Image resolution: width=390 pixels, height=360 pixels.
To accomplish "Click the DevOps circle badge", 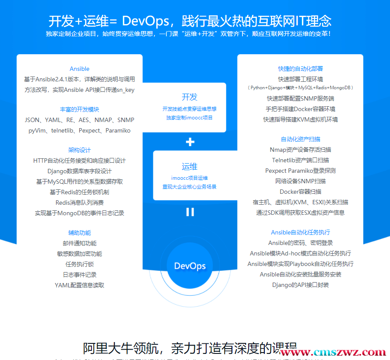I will coord(190,266).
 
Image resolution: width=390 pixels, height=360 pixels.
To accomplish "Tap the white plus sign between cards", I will coord(190,142).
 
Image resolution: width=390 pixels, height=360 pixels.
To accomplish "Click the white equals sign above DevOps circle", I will coord(190,212).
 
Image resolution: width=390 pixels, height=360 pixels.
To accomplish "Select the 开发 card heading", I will coord(190,97).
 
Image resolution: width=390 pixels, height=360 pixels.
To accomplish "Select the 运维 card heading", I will coord(190,167).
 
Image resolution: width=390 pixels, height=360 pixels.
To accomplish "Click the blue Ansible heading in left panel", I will coord(80,69).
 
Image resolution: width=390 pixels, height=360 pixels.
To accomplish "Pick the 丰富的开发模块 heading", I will coord(80,109).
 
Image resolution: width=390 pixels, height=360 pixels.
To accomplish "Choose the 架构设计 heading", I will coord(80,150).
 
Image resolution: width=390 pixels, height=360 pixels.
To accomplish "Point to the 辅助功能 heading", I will coord(80,233).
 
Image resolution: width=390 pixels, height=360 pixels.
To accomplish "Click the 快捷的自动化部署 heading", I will coord(300,69).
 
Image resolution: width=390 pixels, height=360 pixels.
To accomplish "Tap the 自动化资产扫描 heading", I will coord(300,139).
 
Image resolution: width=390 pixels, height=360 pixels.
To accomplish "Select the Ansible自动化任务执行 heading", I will coord(300,232).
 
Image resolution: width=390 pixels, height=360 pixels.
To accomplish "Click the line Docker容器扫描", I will coord(300,192).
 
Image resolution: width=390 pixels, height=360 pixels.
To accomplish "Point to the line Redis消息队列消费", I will coord(80,203).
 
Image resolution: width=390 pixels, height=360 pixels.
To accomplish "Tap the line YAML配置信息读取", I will coord(80,285).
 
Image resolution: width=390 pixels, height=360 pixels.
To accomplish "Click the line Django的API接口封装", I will coord(300,285).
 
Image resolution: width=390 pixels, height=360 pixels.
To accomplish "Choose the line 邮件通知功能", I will coord(80,243).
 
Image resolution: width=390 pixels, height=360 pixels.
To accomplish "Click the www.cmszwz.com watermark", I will coord(333,352).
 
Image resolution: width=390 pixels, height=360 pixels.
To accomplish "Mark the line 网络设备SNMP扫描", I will coord(300,181).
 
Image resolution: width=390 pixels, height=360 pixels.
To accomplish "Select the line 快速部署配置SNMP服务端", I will coord(300,98).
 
